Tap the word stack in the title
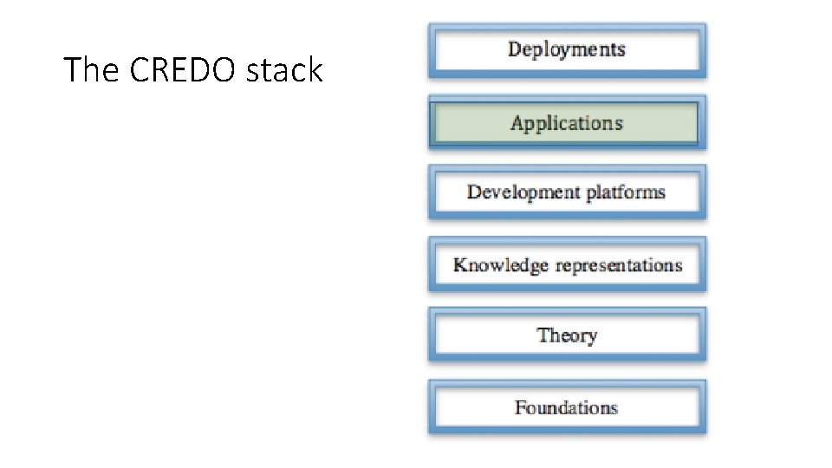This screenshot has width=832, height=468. click(x=284, y=70)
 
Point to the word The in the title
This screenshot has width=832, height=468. click(x=93, y=70)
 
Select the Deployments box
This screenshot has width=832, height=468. click(x=567, y=50)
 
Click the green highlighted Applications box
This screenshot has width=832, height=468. click(x=567, y=123)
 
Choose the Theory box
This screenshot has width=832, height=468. click(x=567, y=335)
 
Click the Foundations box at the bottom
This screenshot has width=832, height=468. click(x=567, y=407)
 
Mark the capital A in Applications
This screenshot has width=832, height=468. click(x=517, y=123)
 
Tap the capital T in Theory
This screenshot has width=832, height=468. click(x=543, y=335)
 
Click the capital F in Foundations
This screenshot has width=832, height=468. click(x=520, y=407)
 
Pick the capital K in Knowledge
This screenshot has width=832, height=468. click(x=459, y=265)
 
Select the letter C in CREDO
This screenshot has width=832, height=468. click(x=139, y=70)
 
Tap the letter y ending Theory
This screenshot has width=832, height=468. click(x=592, y=337)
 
